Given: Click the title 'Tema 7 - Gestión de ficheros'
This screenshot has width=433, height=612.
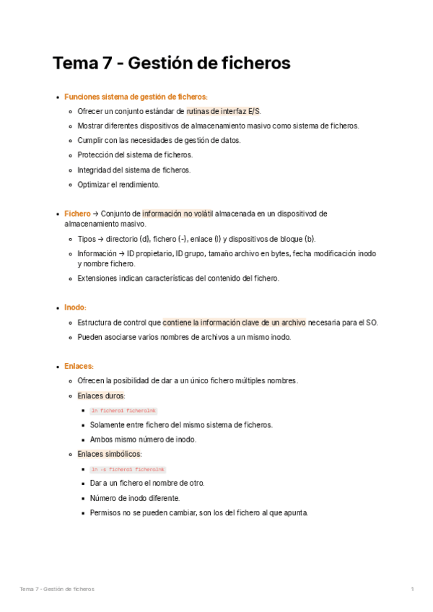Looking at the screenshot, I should pos(171,64).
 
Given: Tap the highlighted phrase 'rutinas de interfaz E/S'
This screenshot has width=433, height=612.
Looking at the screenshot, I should pos(224,111).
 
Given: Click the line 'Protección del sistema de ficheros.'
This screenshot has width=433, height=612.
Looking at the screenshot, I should pos(135,154).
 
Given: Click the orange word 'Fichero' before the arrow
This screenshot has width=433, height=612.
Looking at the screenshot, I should pos(77,214).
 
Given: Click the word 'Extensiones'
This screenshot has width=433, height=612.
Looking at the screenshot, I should pos(97,278).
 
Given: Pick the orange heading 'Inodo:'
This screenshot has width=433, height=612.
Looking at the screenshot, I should pos(75,307).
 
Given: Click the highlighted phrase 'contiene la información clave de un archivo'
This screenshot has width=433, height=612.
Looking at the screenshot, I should pos(234,322).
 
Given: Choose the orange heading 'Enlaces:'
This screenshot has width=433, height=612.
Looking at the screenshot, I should pos(79,367).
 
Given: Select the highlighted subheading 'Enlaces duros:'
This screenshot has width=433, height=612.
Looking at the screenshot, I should pos(101,396).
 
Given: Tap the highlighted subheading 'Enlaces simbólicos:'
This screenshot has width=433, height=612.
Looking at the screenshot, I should pos(110,454).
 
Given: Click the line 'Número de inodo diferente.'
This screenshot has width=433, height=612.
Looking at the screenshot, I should pos(135,498).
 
